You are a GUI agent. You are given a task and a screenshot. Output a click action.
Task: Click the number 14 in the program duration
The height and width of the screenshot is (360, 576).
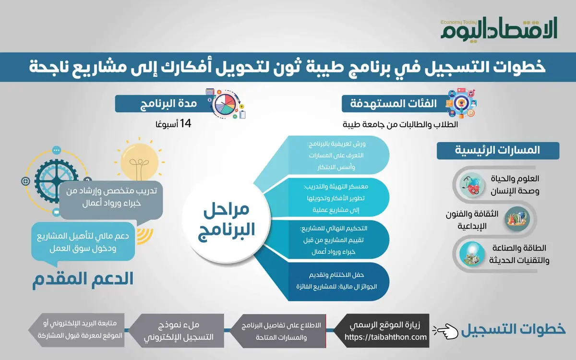pos(185,124)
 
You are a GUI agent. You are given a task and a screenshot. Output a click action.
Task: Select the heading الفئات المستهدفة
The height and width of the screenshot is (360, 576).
pos(389,104)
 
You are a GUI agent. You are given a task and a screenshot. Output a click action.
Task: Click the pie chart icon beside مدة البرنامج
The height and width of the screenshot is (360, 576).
pos(226,103)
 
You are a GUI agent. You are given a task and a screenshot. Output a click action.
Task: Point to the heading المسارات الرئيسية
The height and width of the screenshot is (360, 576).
pos(498,150)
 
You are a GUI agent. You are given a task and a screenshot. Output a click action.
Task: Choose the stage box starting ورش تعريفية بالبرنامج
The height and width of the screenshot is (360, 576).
pos(336,155)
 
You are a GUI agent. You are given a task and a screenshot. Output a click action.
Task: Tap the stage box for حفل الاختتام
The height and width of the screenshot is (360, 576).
pos(336,281)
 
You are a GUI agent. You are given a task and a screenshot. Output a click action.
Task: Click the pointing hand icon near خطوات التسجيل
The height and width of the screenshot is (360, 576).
pos(444,330)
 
